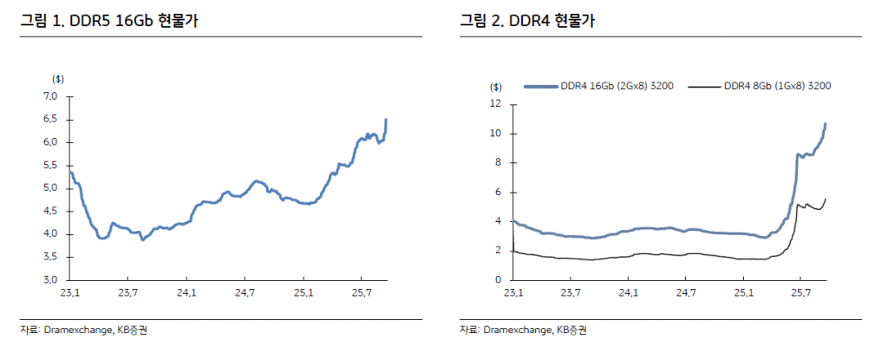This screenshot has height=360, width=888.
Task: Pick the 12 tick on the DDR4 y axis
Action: click(496, 104)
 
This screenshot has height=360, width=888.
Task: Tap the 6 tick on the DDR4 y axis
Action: click(498, 193)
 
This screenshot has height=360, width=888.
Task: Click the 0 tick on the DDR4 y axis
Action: click(498, 280)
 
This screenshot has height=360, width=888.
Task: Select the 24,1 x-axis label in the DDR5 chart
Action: click(187, 294)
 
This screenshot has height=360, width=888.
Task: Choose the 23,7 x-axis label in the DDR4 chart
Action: click(571, 294)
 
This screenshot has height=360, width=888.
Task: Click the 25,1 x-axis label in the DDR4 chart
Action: click(743, 294)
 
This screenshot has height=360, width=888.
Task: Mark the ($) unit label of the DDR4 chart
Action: click(495, 86)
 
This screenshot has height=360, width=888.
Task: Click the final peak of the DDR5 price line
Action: click(386, 120)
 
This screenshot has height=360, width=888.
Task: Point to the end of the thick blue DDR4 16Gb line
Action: click(826, 124)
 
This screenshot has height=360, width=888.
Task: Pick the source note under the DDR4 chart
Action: click(523, 330)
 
